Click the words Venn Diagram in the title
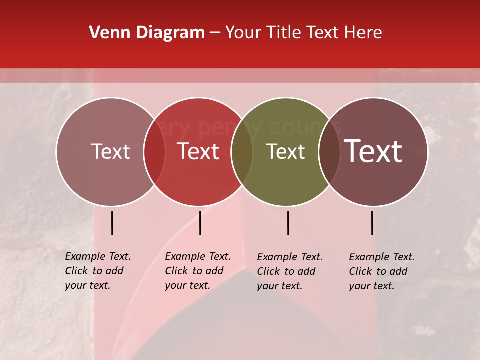pos(147,33)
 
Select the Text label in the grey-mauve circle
pos(110,152)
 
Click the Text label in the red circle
pos(198,152)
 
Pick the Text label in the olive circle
pos(285,152)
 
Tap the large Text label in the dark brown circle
pos(373,152)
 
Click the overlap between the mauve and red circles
pos(154,152)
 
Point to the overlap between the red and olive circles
pos(242,152)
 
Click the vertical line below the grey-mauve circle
pos(112,223)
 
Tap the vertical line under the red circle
pos(200,223)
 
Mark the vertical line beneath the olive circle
pos(288,223)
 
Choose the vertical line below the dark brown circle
pos(372,223)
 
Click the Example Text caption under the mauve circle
pos(98,271)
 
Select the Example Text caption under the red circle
pos(198,271)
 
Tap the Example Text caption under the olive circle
pos(290,271)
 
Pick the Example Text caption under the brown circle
pos(382,271)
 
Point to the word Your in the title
pos(243,33)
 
